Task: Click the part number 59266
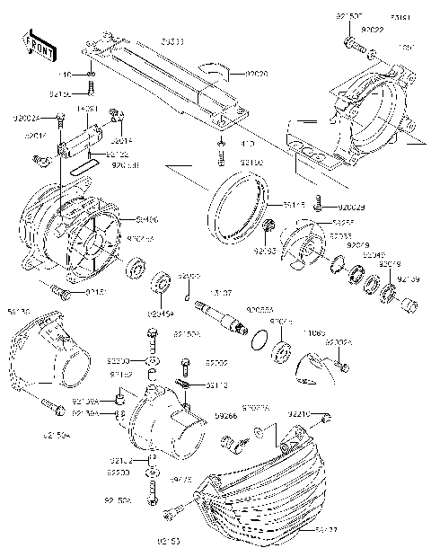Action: point(226,416)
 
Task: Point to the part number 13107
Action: point(221,292)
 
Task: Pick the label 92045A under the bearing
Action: point(158,314)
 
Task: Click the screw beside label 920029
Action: point(318,208)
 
